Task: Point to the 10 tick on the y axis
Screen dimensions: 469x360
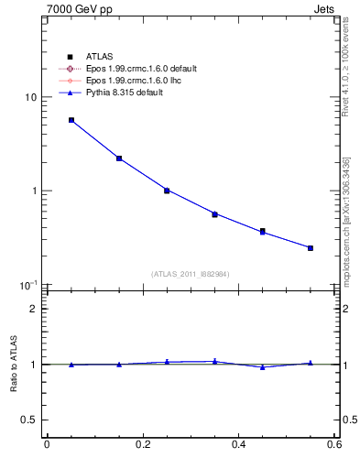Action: pyautogui.click(x=30, y=97)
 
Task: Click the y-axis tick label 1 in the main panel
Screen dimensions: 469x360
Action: pyautogui.click(x=34, y=191)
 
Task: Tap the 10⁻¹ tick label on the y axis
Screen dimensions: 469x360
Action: pyautogui.click(x=28, y=285)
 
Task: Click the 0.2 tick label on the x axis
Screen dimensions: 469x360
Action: pyautogui.click(x=143, y=445)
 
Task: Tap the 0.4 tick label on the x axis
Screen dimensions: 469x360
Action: pyautogui.click(x=239, y=445)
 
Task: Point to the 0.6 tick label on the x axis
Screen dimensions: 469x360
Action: pyautogui.click(x=335, y=445)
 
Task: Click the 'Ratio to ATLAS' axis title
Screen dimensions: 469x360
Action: pyautogui.click(x=12, y=364)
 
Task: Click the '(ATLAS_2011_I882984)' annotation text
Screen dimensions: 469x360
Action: pyautogui.click(x=191, y=274)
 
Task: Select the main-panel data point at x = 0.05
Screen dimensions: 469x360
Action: pyautogui.click(x=71, y=120)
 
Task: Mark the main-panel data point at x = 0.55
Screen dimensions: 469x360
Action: pyautogui.click(x=311, y=248)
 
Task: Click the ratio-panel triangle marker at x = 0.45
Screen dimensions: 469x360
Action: pyautogui.click(x=263, y=367)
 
